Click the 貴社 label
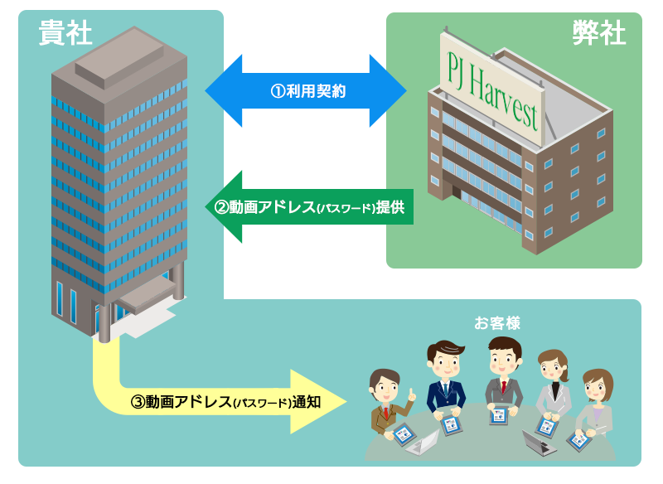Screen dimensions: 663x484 tap(65, 32)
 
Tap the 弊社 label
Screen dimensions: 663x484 tap(598, 32)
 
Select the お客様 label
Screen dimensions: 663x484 tap(496, 323)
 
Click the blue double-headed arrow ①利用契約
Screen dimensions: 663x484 tap(306, 90)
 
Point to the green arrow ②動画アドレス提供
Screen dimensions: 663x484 tap(309, 206)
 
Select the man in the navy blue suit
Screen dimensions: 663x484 tap(445, 380)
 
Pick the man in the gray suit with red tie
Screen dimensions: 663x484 tap(504, 376)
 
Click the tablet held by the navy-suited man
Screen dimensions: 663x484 tap(451, 425)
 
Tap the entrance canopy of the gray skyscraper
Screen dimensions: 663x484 tap(148, 293)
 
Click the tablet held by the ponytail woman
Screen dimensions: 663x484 tap(546, 427)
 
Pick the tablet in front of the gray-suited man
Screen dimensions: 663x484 tap(499, 415)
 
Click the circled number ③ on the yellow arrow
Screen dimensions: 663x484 tap(138, 402)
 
